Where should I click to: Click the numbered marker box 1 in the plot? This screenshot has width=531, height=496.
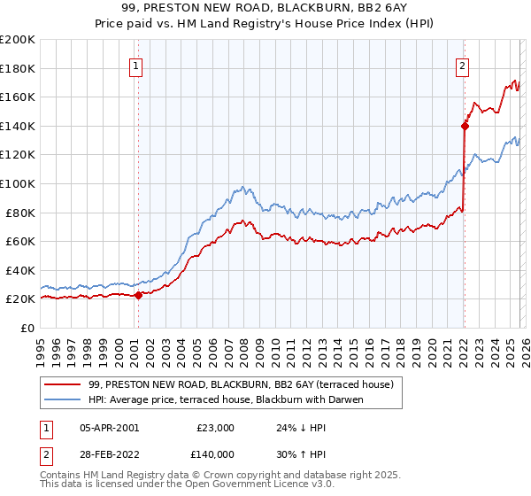pos(137,65)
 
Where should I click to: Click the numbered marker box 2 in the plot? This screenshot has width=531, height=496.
pos(463,65)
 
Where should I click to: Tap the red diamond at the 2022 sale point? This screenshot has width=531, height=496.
pos(464,126)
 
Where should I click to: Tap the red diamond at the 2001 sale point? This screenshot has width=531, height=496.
pos(139,295)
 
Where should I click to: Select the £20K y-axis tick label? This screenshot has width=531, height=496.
pos(21,299)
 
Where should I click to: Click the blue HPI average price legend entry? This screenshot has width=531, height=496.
pos(238,399)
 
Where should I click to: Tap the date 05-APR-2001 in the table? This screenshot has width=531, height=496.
pos(109,427)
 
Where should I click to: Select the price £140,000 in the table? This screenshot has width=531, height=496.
pos(216,453)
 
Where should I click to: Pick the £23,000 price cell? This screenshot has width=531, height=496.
pos(216,427)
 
